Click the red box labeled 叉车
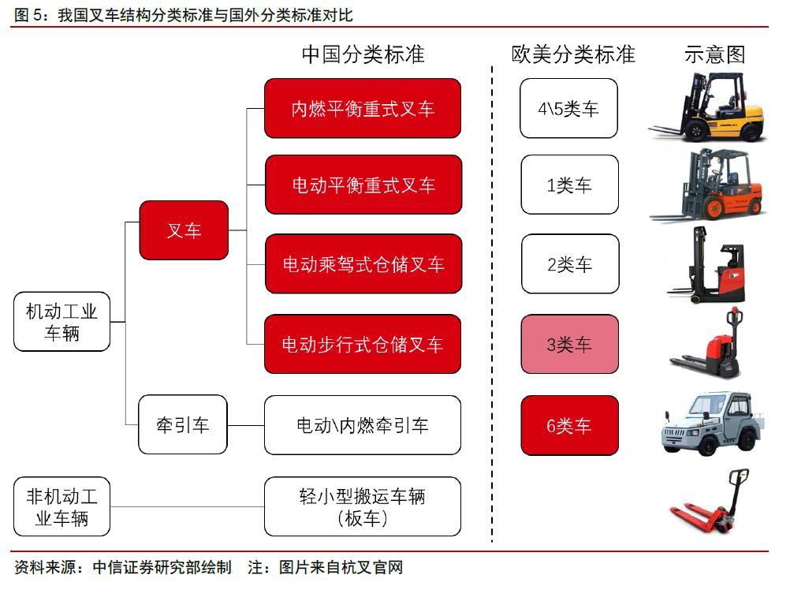[x=184, y=230]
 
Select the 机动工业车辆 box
[x=61, y=322]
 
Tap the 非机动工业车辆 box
[x=61, y=506]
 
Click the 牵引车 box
[x=183, y=425]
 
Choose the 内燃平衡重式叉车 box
[x=363, y=108]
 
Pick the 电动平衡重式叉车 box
[x=363, y=185]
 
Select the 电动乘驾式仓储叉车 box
[x=363, y=263]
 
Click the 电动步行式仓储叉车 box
[x=363, y=344]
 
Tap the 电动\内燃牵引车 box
[x=363, y=425]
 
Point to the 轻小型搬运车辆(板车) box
[x=363, y=506]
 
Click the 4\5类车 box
[x=568, y=108]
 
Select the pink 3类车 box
[x=568, y=344]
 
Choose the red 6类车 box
[x=568, y=425]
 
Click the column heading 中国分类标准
[x=363, y=54]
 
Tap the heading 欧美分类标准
[x=572, y=54]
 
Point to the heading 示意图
[x=714, y=54]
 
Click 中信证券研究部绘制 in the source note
[x=162, y=567]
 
